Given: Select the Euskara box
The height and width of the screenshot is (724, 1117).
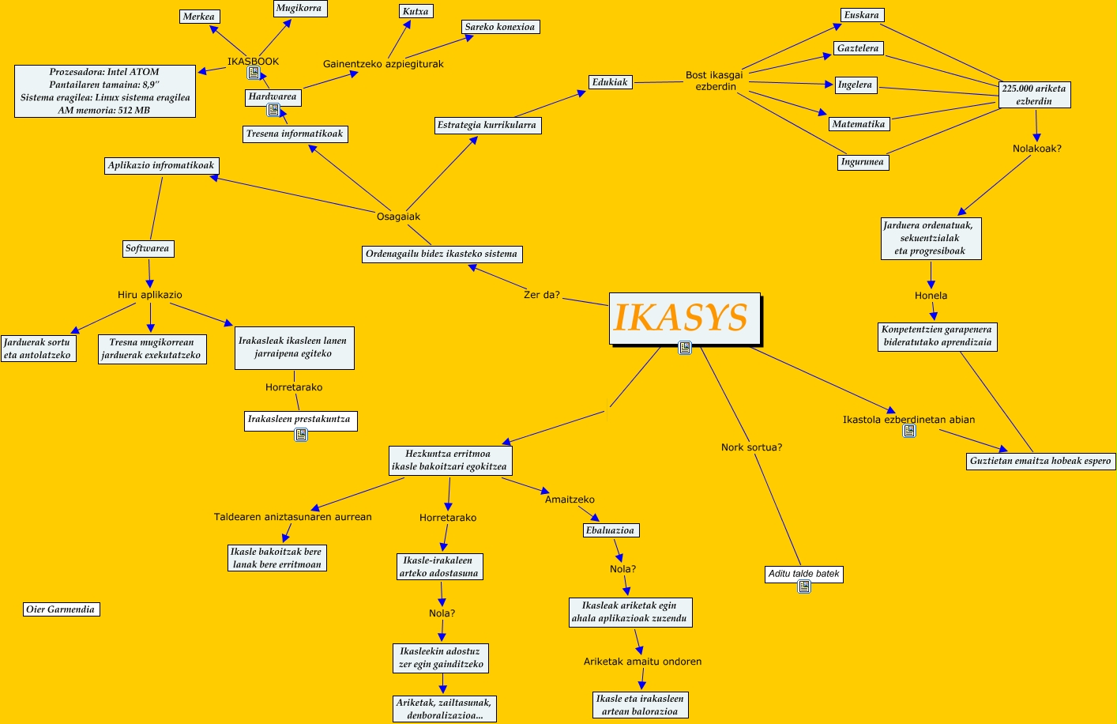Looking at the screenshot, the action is coord(861,15).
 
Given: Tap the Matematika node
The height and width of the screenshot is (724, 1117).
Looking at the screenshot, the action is coord(859,124).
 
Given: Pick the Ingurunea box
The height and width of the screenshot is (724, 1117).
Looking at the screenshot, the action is coord(862,162).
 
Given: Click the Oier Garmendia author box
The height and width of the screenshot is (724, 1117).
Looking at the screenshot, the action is coord(61,609).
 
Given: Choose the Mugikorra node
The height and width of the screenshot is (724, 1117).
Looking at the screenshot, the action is coord(299,9).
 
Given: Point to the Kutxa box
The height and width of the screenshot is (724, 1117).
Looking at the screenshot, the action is coord(416,12).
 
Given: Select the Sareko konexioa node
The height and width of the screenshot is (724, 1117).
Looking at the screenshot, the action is coord(500,27).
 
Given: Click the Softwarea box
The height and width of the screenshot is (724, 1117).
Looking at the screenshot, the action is coord(148,248).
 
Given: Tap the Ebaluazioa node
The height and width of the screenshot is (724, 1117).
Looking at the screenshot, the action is coord(610,530).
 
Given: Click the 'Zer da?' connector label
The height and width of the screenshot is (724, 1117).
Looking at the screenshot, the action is coord(542,295).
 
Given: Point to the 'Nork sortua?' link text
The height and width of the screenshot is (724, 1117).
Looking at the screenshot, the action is coord(751,447).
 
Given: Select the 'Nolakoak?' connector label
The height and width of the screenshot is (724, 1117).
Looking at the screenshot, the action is coord(1036,149).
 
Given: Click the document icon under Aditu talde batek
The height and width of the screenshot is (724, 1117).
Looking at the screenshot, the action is coord(804,586).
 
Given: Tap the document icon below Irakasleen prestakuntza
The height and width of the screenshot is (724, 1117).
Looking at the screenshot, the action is coord(301,435).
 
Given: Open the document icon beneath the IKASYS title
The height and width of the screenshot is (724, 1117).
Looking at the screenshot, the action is coord(685,348).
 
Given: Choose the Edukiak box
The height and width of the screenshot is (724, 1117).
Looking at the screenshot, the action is coord(610,82).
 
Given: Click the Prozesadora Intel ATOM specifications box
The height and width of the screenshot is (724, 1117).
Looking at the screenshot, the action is coord(105,91).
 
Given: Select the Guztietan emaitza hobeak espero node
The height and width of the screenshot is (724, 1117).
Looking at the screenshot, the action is coord(1040,461).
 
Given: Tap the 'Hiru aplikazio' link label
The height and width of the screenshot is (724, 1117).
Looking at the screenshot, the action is coord(150,295).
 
